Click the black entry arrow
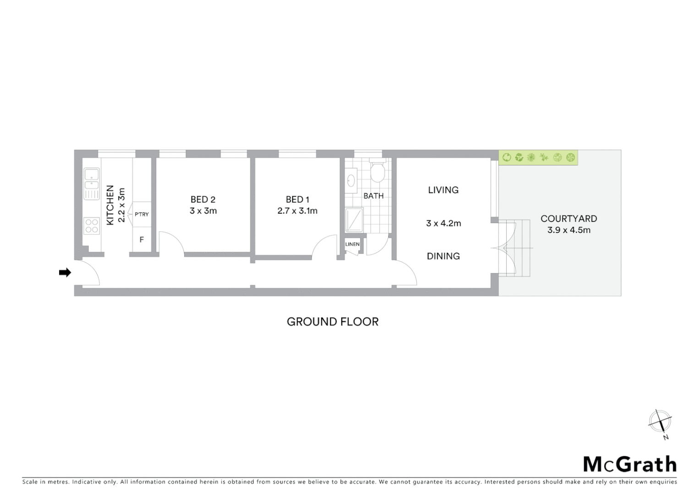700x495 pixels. (65, 273)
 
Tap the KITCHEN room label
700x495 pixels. (110, 205)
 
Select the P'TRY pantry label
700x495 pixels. (142, 214)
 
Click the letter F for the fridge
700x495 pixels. (142, 240)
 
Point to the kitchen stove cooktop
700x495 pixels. (92, 225)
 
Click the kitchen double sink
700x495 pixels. (92, 183)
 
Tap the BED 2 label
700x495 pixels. (203, 199)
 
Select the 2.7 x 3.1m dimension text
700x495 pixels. (297, 211)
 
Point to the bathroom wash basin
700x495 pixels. (352, 180)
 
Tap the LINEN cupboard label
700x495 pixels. (352, 244)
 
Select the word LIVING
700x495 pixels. (443, 190)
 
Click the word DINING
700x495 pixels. (443, 256)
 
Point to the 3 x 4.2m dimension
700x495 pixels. (443, 223)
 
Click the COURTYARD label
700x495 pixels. (569, 219)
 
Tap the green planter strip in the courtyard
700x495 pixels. (538, 158)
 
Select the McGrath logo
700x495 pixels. (629, 464)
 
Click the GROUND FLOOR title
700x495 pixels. (333, 322)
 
